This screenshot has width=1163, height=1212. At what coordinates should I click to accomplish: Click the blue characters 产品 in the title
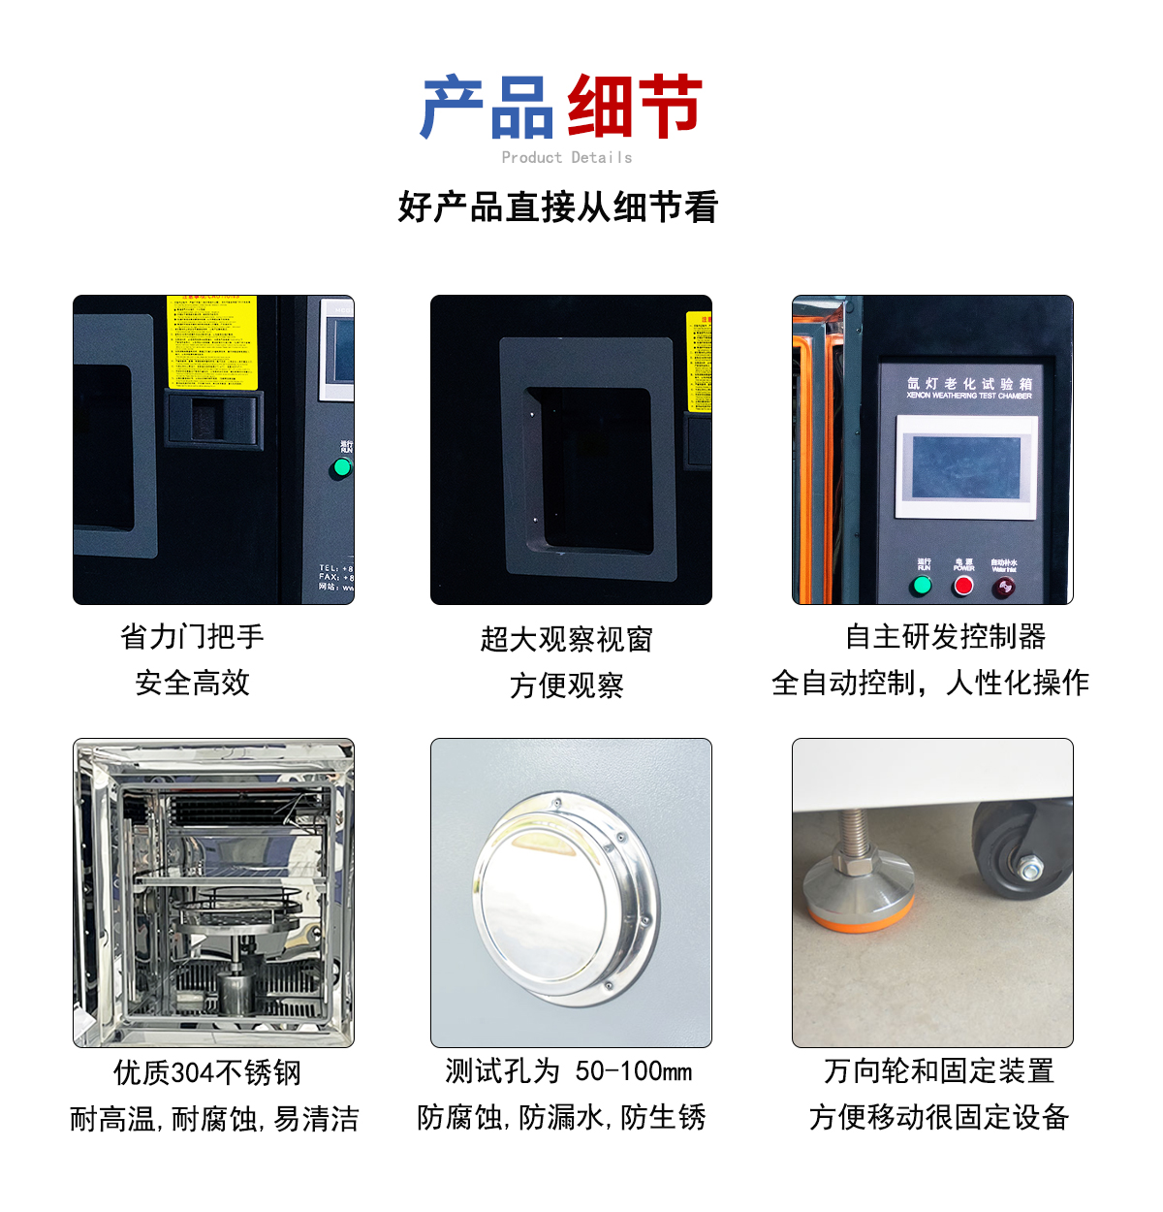coord(488,107)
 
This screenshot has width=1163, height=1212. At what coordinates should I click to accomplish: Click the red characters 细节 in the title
coord(634,107)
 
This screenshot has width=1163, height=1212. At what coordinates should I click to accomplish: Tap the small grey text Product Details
coord(567,157)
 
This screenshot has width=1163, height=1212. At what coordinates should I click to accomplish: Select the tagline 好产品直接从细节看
coord(557,207)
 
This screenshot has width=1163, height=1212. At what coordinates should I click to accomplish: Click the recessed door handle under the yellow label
coord(214,420)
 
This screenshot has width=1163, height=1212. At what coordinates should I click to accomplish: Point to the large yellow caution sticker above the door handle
coord(211,341)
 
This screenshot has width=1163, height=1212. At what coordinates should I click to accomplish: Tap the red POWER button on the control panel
coord(963,586)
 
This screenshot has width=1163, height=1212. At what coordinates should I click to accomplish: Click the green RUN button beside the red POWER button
coord(922,586)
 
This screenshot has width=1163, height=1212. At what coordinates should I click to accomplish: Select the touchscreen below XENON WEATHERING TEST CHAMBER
coord(966,467)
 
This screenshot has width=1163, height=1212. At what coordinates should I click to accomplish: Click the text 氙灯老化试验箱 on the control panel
coord(969,383)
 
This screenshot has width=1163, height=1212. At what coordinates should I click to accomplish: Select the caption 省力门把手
coord(192,637)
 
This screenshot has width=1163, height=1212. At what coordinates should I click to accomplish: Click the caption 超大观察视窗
coord(567,639)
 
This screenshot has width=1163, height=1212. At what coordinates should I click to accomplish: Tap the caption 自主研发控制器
coord(945,637)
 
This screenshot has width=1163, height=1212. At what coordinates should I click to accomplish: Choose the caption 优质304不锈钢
coord(207,1072)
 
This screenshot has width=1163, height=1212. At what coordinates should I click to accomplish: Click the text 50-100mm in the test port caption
coord(634,1071)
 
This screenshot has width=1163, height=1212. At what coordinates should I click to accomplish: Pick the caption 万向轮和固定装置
coord(938,1071)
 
